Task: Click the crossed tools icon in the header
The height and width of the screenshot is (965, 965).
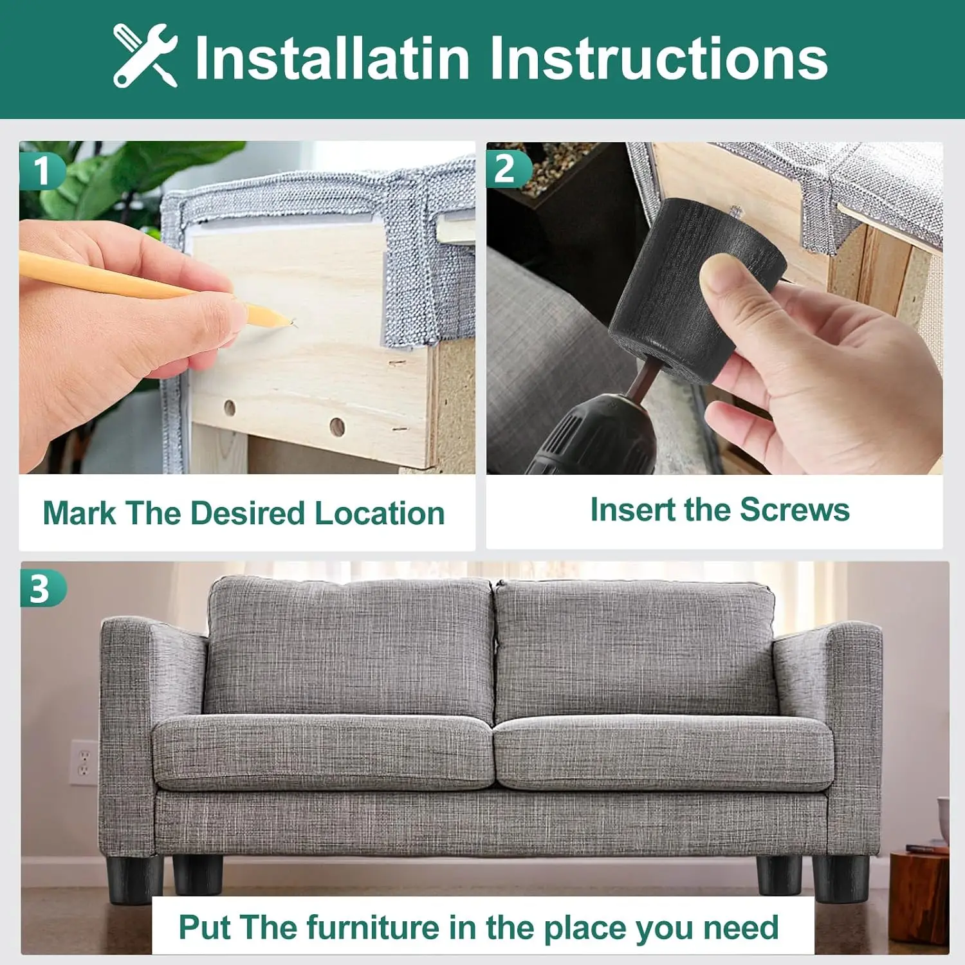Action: [145, 55]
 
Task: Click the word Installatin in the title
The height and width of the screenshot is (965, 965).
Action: [332, 58]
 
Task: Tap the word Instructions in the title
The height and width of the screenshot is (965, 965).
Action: [659, 58]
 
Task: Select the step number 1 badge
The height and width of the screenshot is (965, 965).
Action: [41, 170]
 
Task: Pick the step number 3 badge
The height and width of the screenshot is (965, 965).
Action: [41, 588]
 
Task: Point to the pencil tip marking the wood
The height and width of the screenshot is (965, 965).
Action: [293, 323]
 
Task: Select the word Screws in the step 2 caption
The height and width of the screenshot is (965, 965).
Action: [795, 510]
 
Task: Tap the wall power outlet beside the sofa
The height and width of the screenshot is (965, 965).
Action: [84, 762]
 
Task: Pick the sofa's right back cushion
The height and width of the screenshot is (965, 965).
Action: [636, 650]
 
